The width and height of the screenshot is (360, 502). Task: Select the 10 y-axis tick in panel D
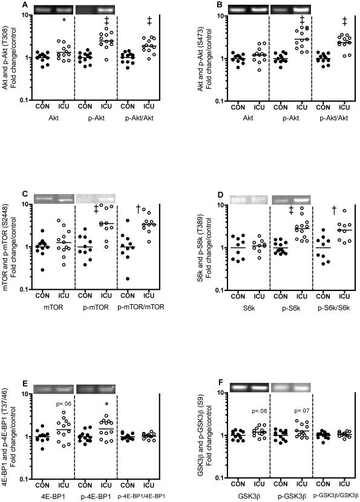pyautogui.click(x=208, y=204)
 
